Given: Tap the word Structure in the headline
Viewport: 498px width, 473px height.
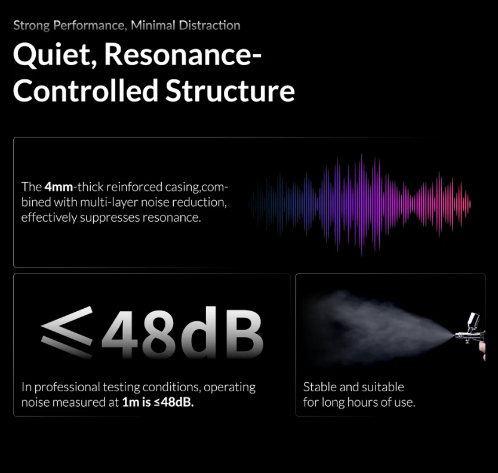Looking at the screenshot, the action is coord(230,91).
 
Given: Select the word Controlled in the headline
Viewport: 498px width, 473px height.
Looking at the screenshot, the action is coord(86,91).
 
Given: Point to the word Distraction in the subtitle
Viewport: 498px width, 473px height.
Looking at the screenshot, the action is coord(210,26).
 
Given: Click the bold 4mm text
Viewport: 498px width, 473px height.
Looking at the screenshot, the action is coord(59,187).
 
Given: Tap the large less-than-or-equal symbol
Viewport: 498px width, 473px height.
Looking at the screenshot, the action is coord(67,332).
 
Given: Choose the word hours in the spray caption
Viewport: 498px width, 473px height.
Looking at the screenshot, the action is coord(362,403).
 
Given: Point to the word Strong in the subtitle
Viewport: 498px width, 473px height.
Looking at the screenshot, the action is coord(32,26).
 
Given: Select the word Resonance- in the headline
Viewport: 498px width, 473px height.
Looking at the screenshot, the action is coord(183,54).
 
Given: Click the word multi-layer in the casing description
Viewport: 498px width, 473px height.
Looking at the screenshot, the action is coord(109,202).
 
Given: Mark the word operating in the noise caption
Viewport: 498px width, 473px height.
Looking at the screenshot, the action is coord(230,388).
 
